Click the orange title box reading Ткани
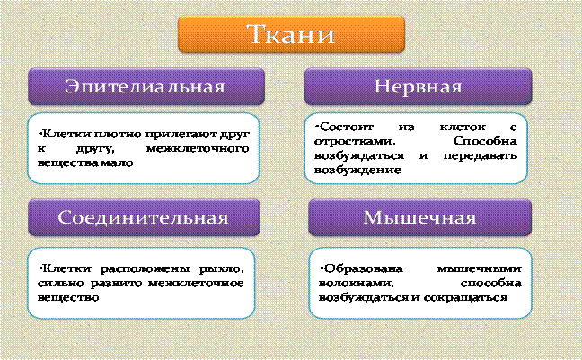(x=291, y=34)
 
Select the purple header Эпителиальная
(x=146, y=86)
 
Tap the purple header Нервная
(x=418, y=86)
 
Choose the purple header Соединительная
(x=144, y=217)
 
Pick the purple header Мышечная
(x=419, y=217)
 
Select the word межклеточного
(x=198, y=149)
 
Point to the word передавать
(x=480, y=155)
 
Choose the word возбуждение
(x=357, y=170)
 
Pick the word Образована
(x=362, y=268)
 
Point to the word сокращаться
(x=465, y=298)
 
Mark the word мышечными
(x=480, y=268)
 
